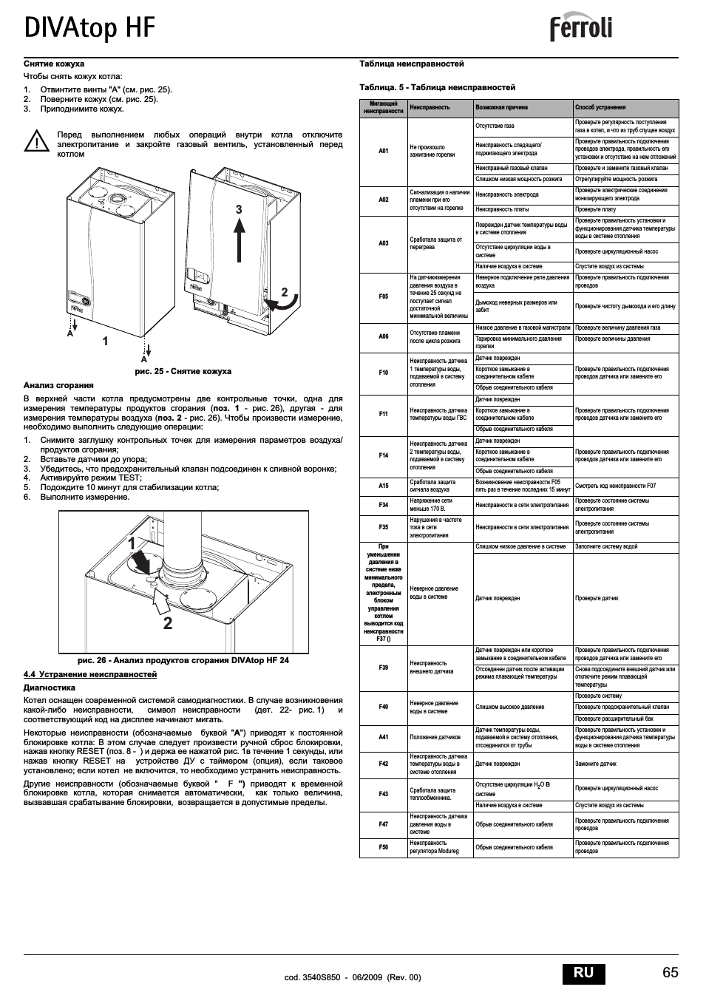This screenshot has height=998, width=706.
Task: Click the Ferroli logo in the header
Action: coord(581,29)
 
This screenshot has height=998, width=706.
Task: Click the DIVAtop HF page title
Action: coord(89,27)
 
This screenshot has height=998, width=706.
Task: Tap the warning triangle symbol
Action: coord(35,140)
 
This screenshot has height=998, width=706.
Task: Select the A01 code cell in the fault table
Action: coord(384,151)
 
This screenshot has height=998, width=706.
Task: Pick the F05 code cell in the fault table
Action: coord(384,296)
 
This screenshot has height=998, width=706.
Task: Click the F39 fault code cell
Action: coord(384,668)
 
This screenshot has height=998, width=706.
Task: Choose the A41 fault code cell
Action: coord(384,737)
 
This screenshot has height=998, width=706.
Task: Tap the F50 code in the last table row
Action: coord(384,847)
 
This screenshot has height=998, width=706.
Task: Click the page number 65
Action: coord(670,972)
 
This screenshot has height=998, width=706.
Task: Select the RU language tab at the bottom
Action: coord(583,972)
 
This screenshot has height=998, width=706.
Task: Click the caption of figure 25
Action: coord(183,371)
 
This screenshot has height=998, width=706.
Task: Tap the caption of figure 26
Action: coord(183,660)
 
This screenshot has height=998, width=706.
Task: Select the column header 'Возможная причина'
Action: coord(502,107)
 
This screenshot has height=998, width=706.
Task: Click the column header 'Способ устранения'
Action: coord(600,107)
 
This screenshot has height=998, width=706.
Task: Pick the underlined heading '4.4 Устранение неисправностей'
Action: coord(90,674)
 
